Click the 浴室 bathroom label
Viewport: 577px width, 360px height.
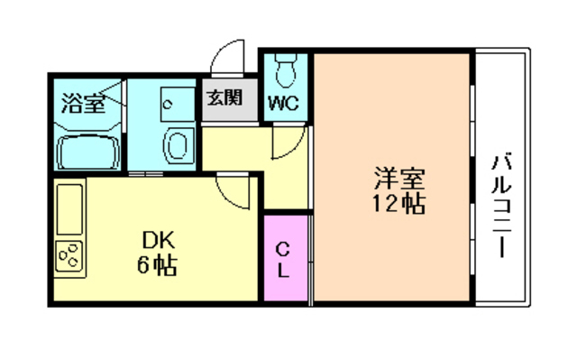click(82, 103)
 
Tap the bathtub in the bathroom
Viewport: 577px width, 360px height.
click(88, 152)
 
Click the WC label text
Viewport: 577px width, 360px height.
click(284, 101)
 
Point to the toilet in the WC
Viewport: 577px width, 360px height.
click(288, 68)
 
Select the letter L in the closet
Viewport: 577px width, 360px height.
click(283, 270)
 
